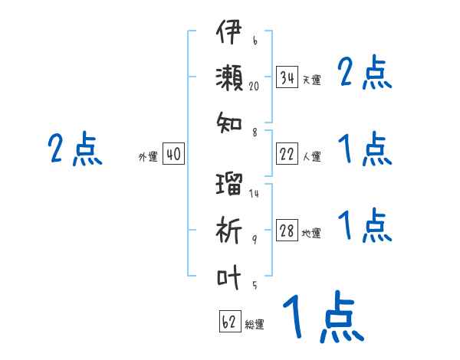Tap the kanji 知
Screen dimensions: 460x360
[229, 119]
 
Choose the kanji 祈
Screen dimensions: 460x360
[229, 230]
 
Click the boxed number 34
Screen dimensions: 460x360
[287, 77]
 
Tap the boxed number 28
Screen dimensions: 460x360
[287, 231]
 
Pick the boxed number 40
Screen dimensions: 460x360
[172, 155]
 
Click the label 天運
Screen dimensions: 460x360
[311, 80]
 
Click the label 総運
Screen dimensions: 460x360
[255, 324]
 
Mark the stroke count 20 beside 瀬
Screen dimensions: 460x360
[255, 87]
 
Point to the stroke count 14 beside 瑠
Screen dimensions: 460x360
[254, 193]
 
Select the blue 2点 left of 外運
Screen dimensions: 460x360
[74, 149]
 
